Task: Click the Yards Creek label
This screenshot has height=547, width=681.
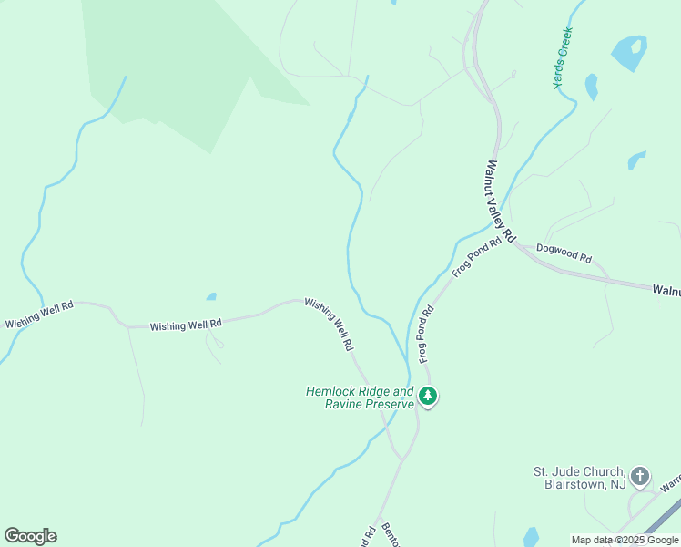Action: coord(563,57)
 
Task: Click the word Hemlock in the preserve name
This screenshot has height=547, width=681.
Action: coord(329,391)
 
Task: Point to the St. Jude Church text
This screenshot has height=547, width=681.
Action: coord(579,471)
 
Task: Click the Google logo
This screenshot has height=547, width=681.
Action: coord(30,536)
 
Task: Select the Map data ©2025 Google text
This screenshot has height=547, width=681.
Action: coord(625,540)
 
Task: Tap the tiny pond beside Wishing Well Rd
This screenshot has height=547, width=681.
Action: coord(211,296)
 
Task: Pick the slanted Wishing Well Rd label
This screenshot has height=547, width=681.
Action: coord(329,325)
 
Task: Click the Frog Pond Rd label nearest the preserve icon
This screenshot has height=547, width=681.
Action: coord(425,334)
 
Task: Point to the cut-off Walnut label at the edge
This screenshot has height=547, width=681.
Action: coord(666,290)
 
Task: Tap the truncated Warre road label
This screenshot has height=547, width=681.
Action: coord(669,481)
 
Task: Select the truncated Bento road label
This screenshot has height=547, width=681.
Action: coord(391,534)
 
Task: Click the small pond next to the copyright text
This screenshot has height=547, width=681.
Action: coord(531,537)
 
